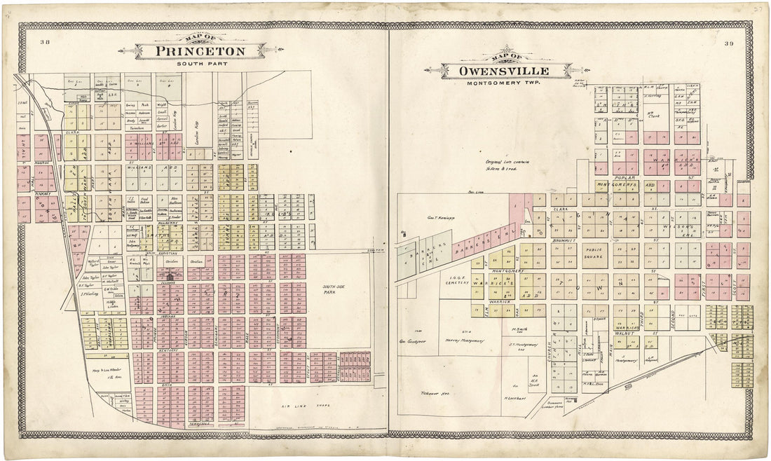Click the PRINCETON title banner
[x=200, y=51]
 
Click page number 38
[x=45, y=43]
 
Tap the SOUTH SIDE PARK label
[x=334, y=289]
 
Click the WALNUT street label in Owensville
[x=631, y=333]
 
